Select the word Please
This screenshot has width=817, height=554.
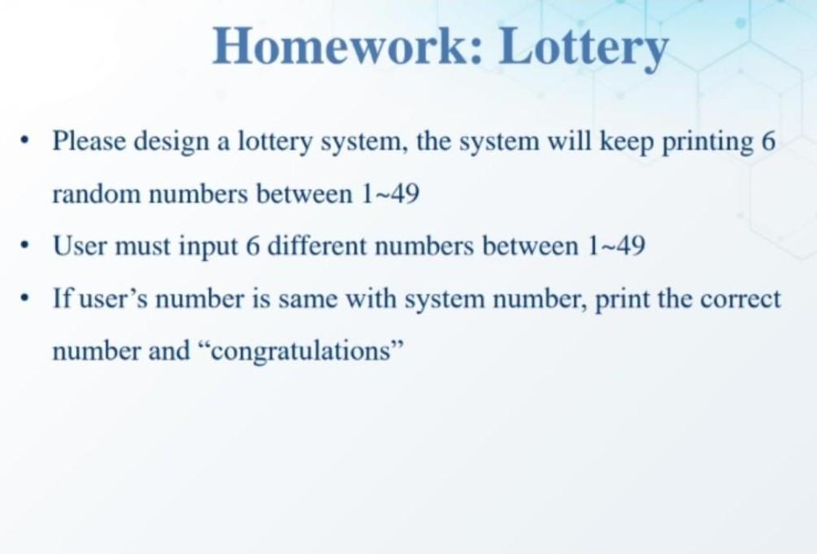(89, 142)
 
